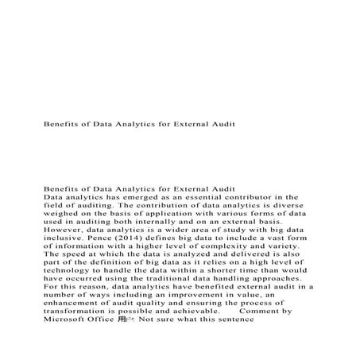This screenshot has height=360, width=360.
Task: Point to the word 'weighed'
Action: (x=63, y=215)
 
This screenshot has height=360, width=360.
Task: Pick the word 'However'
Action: (x=66, y=234)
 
